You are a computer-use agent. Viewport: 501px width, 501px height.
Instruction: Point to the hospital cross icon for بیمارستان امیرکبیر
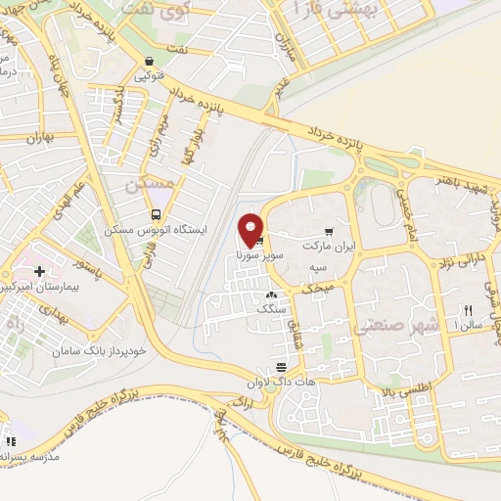click(x=39, y=271)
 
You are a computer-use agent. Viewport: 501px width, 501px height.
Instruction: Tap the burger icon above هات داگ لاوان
click(x=282, y=365)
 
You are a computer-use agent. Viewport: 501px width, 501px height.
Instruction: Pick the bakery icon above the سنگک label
click(x=271, y=295)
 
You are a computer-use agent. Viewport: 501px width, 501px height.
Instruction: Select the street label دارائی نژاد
click(x=458, y=263)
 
